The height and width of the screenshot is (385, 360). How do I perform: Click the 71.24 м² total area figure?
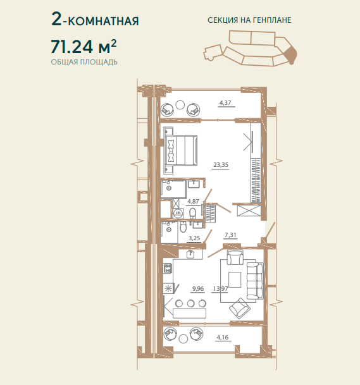pos(84,46)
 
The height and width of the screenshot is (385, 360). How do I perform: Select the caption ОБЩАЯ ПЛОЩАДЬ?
pos(84,62)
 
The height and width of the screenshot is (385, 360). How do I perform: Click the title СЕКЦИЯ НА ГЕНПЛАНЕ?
pos(249,20)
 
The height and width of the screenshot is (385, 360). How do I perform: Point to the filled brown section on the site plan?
pos(290,55)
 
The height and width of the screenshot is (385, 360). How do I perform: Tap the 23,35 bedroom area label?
pos(221,165)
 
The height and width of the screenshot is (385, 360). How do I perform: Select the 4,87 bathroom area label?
pos(193,202)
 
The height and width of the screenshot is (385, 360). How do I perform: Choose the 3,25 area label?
pos(194,238)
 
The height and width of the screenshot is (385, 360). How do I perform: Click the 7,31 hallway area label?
pos(230,235)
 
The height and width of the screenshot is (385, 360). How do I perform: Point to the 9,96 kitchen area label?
pos(198,288)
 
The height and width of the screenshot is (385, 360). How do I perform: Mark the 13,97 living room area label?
pos(220,288)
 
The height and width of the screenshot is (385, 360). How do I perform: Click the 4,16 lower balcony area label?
pos(223,337)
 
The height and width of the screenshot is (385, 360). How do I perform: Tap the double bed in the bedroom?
pos(180,150)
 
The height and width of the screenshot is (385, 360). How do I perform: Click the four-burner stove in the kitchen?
pos(168,267)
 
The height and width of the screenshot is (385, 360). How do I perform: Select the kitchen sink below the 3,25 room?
pos(190,254)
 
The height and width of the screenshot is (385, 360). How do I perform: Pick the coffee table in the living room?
pos(235,279)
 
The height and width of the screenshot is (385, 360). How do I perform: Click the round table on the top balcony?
pos(180,105)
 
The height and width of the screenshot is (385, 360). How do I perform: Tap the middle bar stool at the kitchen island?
pos(190,303)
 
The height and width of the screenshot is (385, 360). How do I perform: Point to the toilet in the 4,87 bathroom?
pos(193,213)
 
